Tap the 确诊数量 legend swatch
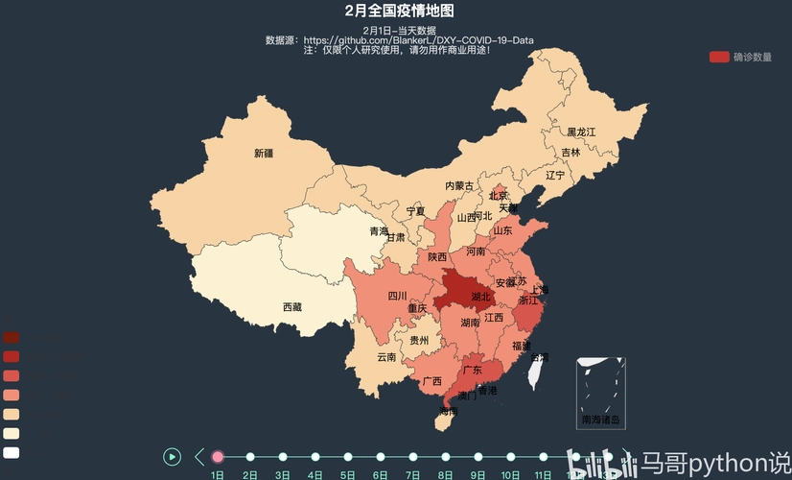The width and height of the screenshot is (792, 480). click(x=719, y=57)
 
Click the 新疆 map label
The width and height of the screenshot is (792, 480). click(x=264, y=153)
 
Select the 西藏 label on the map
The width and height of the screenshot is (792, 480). click(x=291, y=307)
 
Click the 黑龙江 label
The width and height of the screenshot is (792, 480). click(x=581, y=132)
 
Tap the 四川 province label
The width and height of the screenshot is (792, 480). click(x=398, y=296)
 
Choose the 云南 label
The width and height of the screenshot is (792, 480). click(x=386, y=357)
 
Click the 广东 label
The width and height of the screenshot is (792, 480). click(x=473, y=370)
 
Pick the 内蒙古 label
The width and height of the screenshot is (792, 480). click(x=458, y=185)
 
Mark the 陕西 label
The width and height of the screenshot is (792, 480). click(x=437, y=256)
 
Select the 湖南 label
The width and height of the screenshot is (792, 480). click(x=470, y=324)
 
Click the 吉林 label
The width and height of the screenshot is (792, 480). click(x=571, y=153)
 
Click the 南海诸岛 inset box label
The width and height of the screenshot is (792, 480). click(x=601, y=420)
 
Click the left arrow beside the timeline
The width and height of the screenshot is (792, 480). click(x=199, y=457)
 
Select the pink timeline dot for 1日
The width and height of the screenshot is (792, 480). click(x=218, y=457)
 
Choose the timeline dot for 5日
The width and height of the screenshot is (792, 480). click(x=348, y=457)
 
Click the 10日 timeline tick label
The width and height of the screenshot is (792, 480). click(x=511, y=474)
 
